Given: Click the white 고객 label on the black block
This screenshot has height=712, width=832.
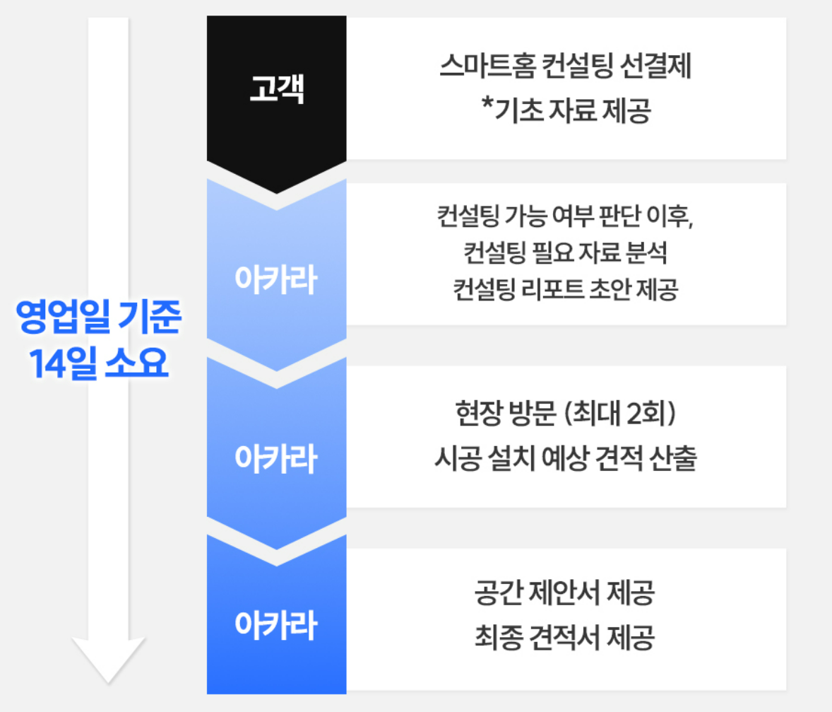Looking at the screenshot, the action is tap(276, 88).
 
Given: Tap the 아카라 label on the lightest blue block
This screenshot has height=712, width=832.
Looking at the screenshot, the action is tap(276, 279).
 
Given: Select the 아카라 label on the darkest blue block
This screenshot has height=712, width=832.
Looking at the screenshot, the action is tap(276, 624).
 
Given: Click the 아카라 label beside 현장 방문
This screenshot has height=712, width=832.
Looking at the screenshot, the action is tap(276, 458).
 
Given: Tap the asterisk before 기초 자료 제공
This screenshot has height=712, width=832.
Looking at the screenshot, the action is tap(487, 103).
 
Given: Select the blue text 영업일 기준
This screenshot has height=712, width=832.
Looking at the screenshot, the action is tap(99, 316).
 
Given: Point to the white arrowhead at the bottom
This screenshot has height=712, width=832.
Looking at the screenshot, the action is tap(108, 660).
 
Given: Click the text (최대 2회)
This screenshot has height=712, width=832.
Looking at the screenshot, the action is tap(619, 413).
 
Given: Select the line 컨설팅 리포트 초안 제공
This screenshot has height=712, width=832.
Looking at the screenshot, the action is tap(566, 290).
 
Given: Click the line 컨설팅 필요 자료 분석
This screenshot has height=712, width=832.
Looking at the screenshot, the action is tap(566, 252).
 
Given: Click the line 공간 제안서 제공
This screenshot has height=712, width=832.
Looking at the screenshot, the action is tap(564, 593).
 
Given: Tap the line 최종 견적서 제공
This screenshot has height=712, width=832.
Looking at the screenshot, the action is tap(564, 637).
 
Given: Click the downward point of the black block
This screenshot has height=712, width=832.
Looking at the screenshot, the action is tap(276, 193).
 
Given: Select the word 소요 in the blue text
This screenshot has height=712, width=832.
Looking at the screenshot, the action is tap(137, 363).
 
